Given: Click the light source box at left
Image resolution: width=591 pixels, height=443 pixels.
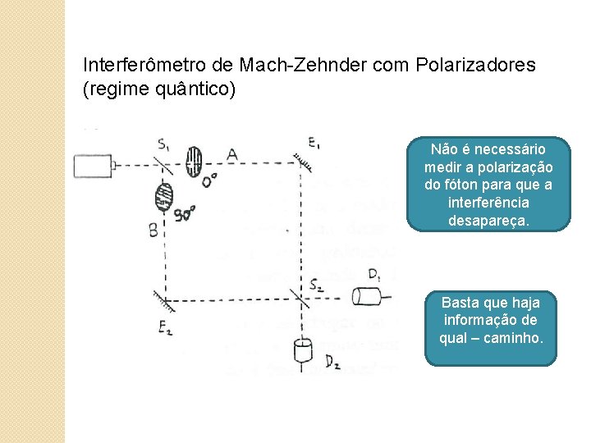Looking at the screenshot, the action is (93, 166).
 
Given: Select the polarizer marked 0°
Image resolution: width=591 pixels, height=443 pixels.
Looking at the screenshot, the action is (194, 162).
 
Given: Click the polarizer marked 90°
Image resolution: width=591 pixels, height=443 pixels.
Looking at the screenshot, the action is (164, 197).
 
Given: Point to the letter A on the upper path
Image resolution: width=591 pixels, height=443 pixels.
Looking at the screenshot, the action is (231, 154).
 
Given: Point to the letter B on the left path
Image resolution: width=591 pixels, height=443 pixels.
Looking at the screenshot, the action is (153, 231).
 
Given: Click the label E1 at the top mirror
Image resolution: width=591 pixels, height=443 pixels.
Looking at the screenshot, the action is (314, 144).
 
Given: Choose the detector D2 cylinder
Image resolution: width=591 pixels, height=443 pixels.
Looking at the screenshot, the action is (303, 351).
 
